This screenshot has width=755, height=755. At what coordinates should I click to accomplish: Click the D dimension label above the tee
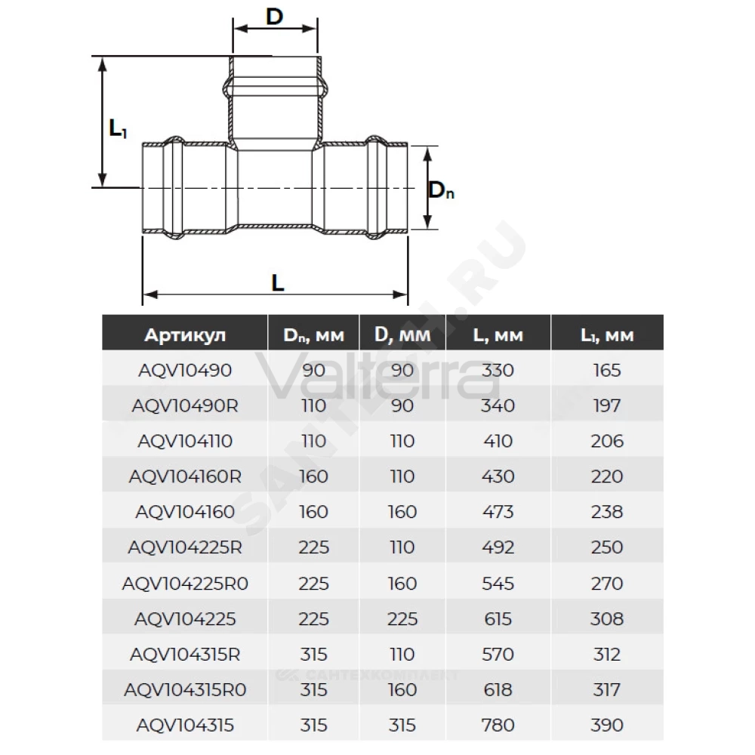[x=275, y=17]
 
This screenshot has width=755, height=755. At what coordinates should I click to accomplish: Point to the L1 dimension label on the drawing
[x=118, y=128]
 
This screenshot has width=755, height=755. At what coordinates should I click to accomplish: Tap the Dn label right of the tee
[x=441, y=190]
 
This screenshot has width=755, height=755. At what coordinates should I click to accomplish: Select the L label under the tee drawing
[x=278, y=283]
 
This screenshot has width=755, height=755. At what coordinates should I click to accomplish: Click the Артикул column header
[x=185, y=335]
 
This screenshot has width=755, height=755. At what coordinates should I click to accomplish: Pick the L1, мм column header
[x=607, y=335]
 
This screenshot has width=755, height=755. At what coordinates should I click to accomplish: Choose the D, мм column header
[x=402, y=335]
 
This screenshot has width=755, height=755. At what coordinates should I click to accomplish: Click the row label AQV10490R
[x=185, y=406]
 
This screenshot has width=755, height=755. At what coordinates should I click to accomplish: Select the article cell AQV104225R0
[x=185, y=584]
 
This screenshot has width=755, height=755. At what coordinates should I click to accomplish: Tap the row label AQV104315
[x=185, y=725]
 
